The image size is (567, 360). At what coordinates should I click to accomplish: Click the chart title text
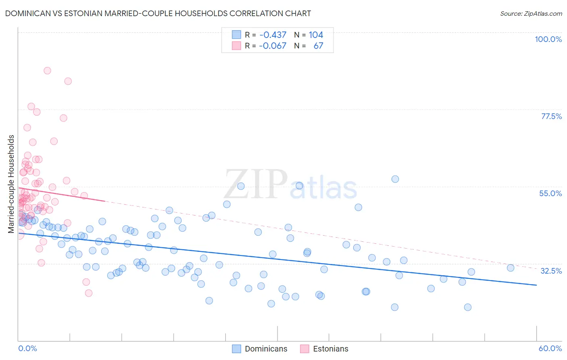coord(158,13)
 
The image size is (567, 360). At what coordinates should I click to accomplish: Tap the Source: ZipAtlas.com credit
coord(531,14)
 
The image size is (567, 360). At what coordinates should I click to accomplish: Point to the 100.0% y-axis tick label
coord(548,39)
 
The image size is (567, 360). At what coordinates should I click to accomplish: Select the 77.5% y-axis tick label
coord(551,116)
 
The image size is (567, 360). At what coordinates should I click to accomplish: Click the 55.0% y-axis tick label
coord(550,193)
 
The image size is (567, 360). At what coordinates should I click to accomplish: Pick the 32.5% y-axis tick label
coord(551,271)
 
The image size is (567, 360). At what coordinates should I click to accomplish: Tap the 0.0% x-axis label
coord(27,348)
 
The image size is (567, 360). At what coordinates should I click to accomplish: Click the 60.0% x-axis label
coord(550,348)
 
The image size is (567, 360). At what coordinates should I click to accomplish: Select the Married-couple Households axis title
coord(11,184)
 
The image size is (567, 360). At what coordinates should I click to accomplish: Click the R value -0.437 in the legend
coord(273,35)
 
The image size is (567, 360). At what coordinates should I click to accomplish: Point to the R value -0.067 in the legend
coord(273,46)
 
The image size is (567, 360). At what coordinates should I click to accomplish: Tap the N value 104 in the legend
coord(316,35)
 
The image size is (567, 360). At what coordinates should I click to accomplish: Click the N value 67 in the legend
coord(318,46)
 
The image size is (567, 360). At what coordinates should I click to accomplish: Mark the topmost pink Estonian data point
coord(47,71)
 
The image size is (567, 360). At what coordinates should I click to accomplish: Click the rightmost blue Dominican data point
coord(511,268)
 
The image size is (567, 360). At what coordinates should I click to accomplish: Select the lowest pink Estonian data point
coord(89,293)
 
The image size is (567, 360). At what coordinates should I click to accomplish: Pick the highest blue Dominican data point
coord(395,179)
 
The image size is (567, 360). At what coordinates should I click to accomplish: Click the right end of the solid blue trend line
coord(536,285)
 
